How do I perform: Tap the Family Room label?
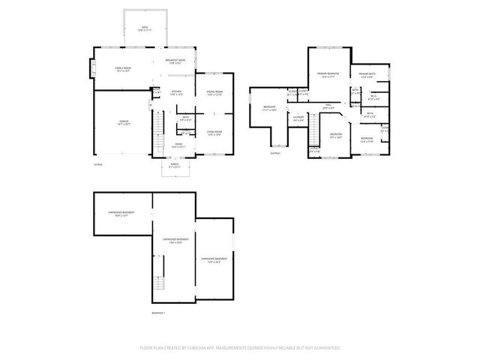123,70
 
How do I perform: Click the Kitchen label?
175,93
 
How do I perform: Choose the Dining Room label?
216,93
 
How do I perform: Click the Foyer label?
179,145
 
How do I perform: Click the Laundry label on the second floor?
298,118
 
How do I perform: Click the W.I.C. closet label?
373,97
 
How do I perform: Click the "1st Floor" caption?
98,163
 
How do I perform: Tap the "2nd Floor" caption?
274,153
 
